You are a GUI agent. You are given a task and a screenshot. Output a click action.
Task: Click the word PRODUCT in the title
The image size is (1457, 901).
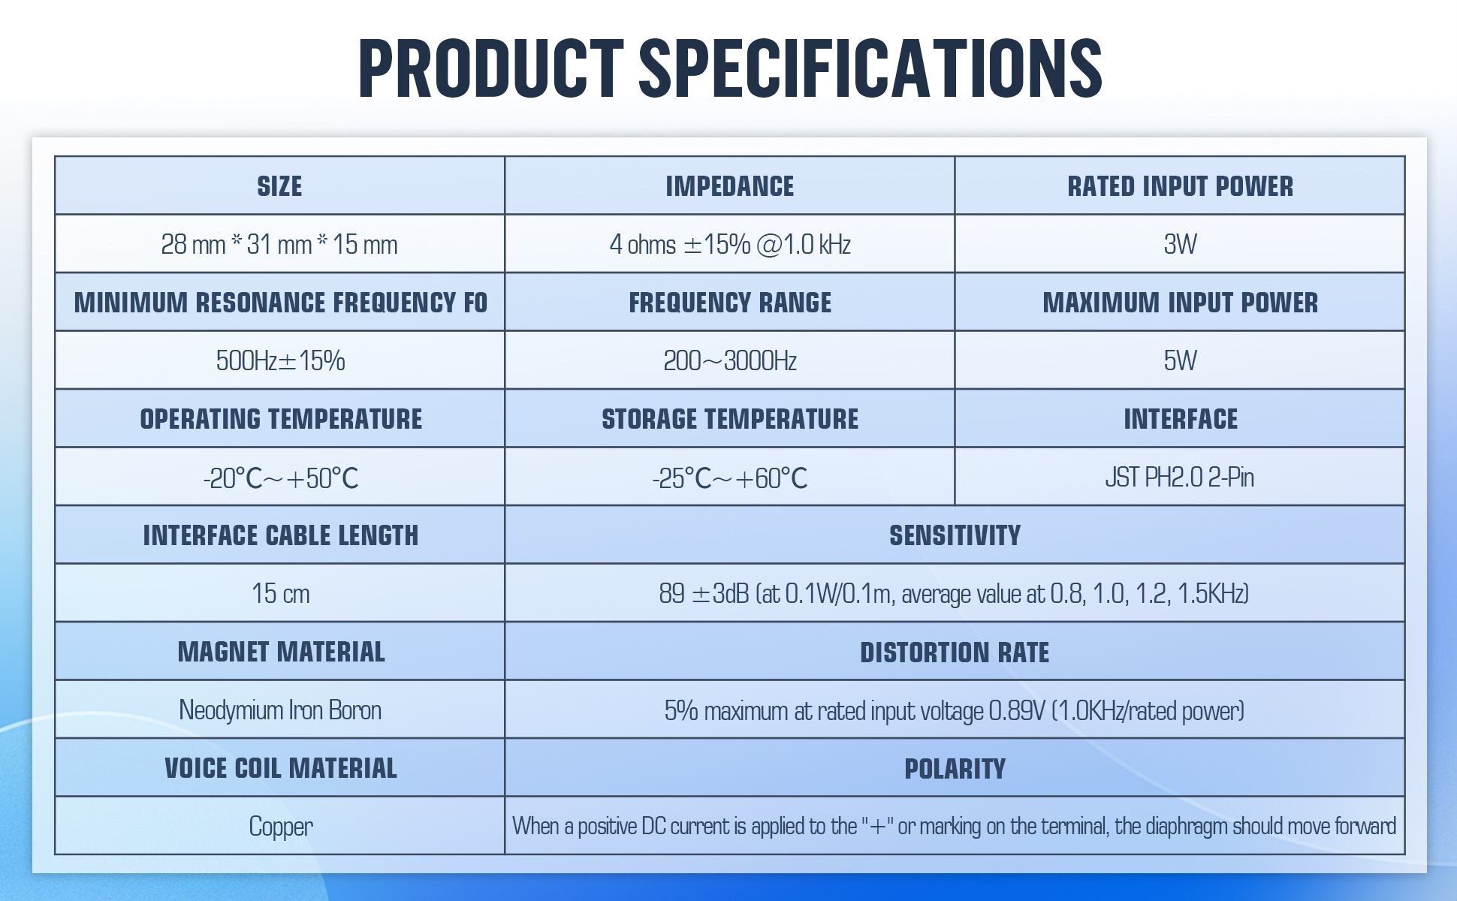(490, 68)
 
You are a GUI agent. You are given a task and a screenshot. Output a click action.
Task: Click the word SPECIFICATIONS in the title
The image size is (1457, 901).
(870, 68)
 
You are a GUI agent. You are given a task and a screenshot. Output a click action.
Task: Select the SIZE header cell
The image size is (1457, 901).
(279, 186)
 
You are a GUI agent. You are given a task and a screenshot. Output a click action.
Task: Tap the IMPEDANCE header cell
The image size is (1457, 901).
(729, 186)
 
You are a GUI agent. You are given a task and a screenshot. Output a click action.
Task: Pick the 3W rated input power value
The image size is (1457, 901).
(1180, 244)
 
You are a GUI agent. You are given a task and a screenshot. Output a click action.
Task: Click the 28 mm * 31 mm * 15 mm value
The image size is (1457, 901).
(279, 244)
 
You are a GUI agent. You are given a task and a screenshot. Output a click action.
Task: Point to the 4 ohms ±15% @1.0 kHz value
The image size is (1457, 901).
(729, 244)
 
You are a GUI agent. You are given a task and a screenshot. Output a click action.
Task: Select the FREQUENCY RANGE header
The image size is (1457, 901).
(729, 303)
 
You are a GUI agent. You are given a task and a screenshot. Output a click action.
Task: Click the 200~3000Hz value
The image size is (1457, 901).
(729, 360)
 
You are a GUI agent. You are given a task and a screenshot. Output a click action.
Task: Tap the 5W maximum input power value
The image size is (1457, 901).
(1180, 360)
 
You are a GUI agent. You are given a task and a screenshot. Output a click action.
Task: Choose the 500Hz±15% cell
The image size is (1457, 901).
(280, 360)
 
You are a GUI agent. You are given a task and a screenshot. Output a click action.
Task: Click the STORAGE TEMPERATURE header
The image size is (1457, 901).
(729, 419)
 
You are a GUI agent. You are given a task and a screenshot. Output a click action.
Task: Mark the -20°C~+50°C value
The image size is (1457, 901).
(280, 478)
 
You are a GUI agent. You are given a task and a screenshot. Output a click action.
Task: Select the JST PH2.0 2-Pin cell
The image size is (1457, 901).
(1180, 477)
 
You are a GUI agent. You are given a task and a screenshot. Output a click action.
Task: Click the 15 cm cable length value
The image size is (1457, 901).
(280, 593)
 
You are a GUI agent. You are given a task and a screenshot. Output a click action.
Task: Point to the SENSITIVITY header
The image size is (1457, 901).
(955, 535)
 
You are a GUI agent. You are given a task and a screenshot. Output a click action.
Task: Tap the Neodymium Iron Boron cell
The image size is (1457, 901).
(280, 710)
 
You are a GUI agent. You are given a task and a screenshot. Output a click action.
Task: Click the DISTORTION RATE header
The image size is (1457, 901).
(955, 652)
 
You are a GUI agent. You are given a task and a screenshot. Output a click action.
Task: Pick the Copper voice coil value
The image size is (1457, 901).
(280, 826)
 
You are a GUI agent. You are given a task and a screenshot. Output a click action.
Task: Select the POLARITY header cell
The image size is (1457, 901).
(955, 768)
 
